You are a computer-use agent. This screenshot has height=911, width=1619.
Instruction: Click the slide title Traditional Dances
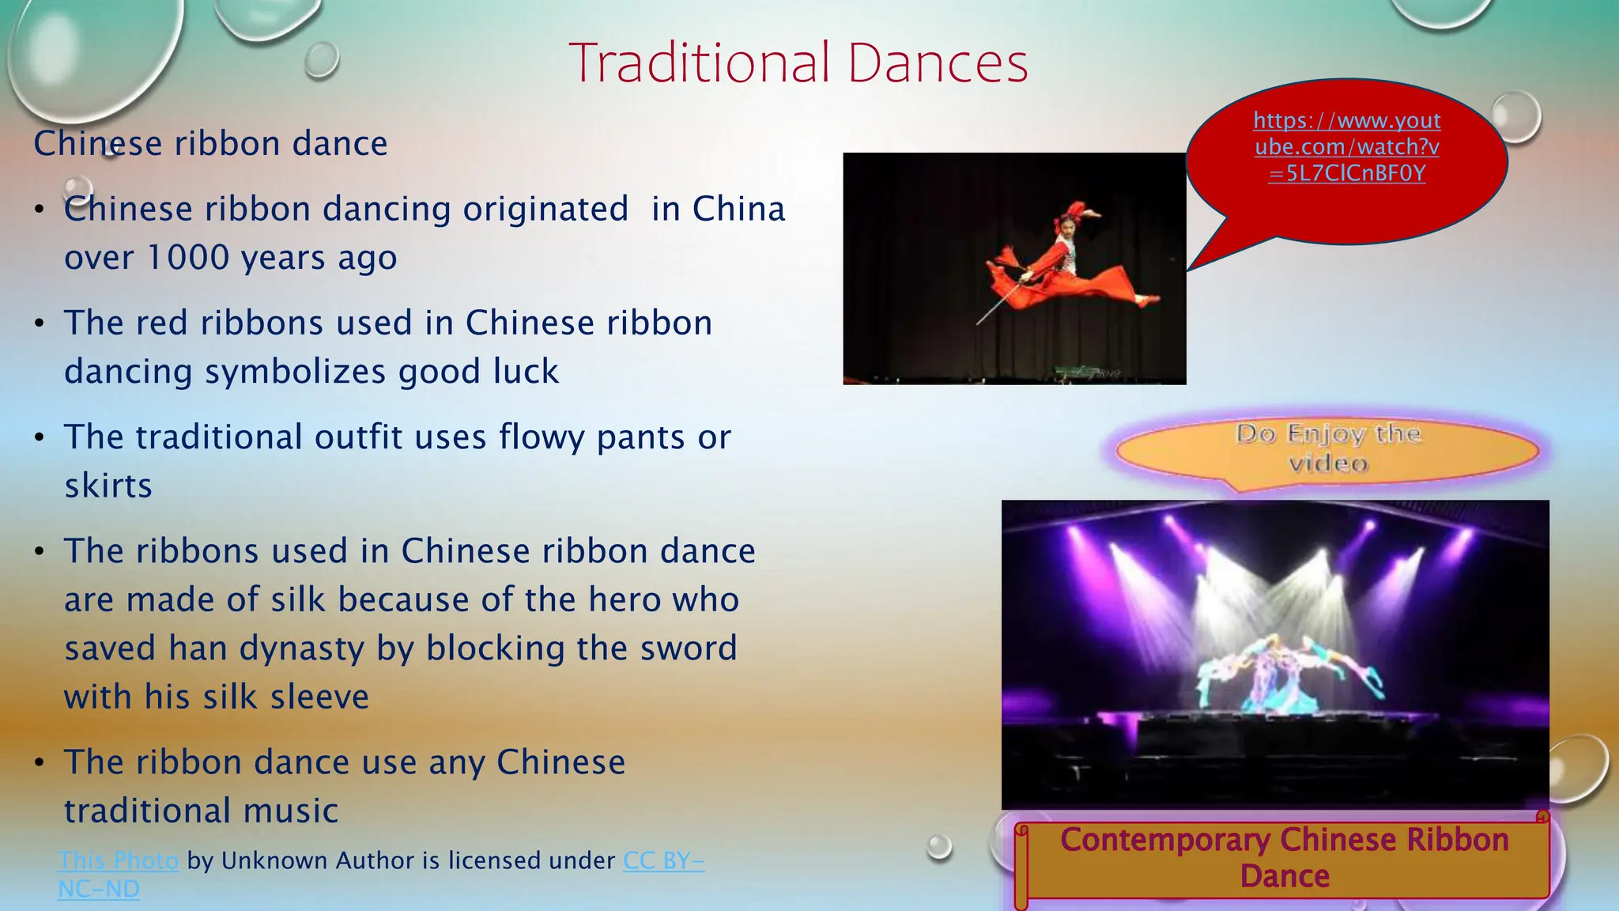point(798,63)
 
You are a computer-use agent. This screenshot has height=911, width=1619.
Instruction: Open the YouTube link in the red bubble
point(1347,147)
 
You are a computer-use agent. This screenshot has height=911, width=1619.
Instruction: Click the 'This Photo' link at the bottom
point(118,860)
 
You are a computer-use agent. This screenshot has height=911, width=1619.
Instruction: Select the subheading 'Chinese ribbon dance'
point(210,144)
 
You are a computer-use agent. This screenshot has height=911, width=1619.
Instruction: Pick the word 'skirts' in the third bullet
point(108,486)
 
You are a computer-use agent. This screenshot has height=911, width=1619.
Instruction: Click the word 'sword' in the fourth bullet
point(689,648)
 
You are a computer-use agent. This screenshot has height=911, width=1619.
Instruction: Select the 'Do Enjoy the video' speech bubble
point(1328,448)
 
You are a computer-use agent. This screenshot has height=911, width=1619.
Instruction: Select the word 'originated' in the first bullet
point(545,210)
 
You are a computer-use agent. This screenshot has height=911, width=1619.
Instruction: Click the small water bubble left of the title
point(322,59)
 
